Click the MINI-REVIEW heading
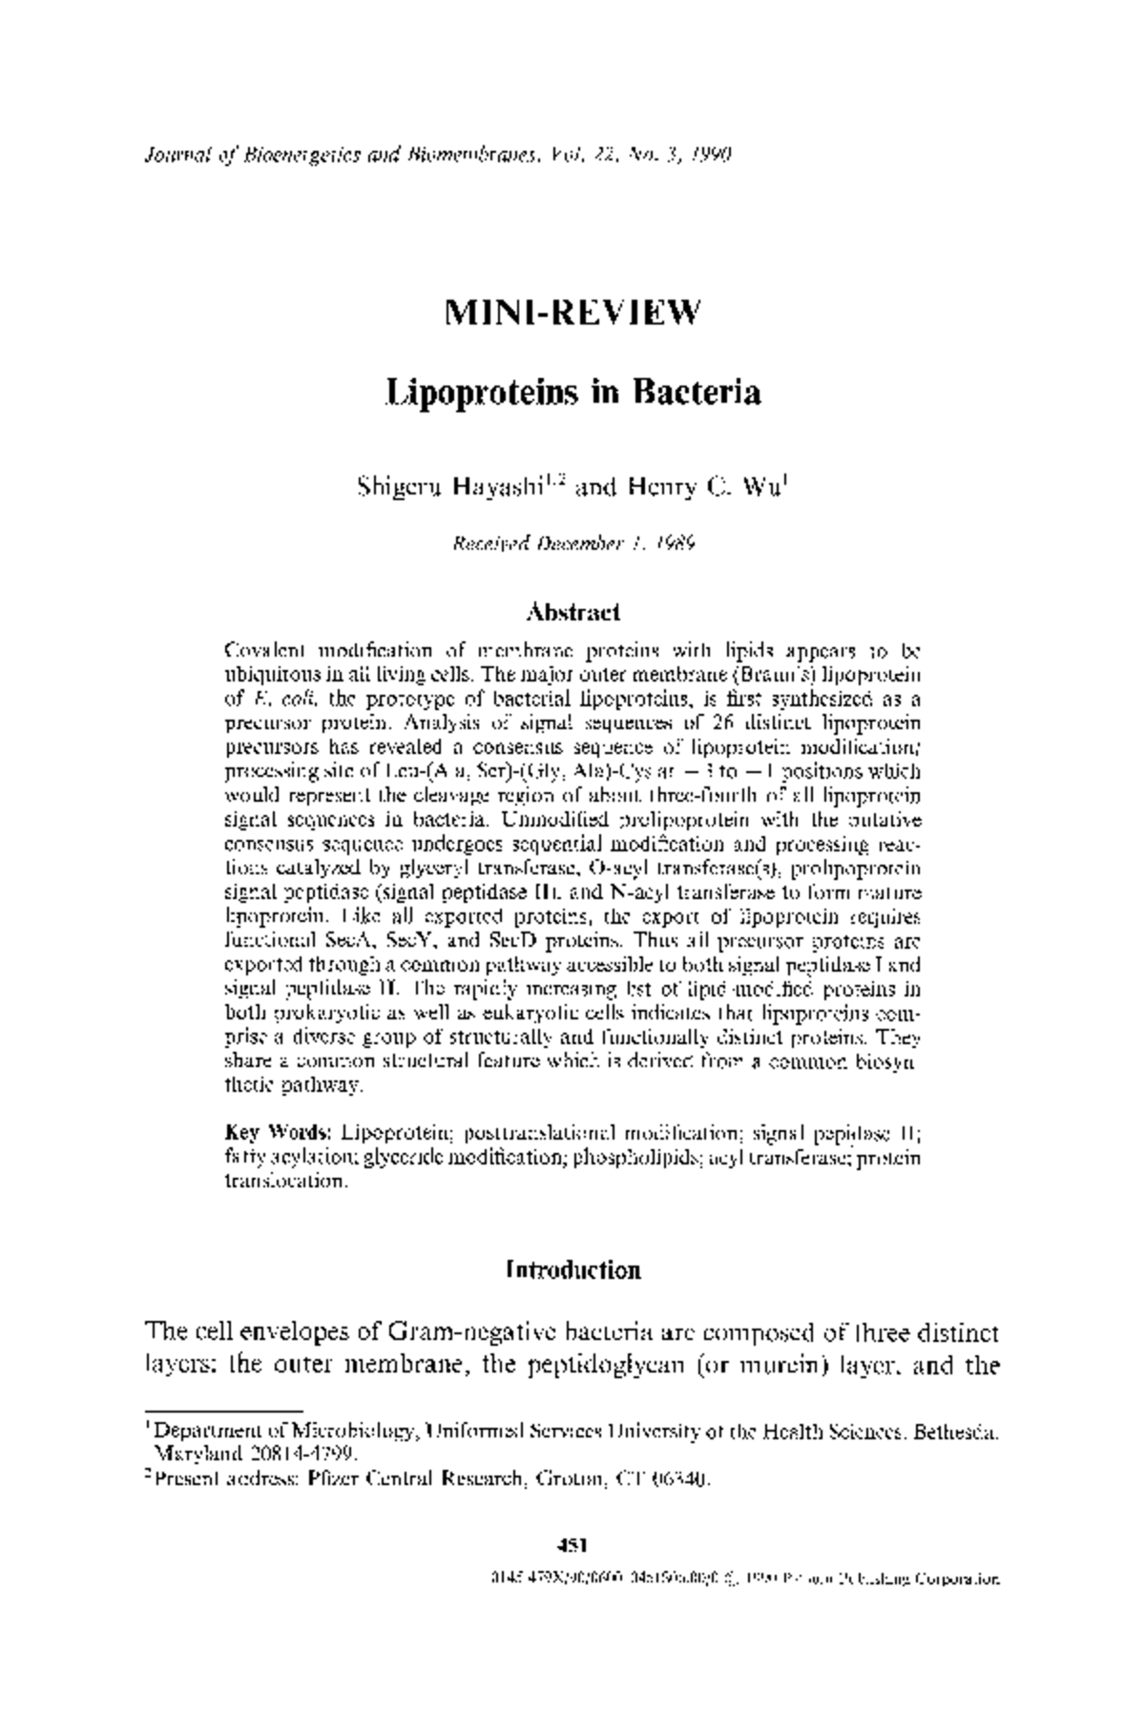[572, 313]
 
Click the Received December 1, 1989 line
[572, 544]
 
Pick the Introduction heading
[573, 1271]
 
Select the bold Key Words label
[279, 1133]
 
